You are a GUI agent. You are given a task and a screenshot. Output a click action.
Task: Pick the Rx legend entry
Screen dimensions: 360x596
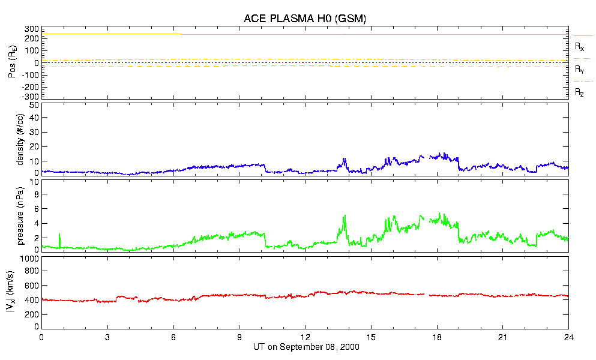coord(580,46)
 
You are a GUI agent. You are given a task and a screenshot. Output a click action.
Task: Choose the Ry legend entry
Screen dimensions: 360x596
coord(580,70)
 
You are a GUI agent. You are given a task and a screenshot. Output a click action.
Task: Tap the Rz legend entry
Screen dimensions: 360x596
coord(580,92)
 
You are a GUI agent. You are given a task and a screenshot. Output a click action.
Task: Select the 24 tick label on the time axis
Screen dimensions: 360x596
coord(568,337)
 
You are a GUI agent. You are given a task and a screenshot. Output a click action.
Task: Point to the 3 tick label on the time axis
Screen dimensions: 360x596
coord(107,337)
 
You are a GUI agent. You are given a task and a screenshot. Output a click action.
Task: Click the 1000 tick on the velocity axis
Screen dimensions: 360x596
coord(29,259)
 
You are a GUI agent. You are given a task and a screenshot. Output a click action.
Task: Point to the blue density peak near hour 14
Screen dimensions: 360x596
coord(345,159)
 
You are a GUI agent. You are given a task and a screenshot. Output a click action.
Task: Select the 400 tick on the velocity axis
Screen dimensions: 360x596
coord(32,299)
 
